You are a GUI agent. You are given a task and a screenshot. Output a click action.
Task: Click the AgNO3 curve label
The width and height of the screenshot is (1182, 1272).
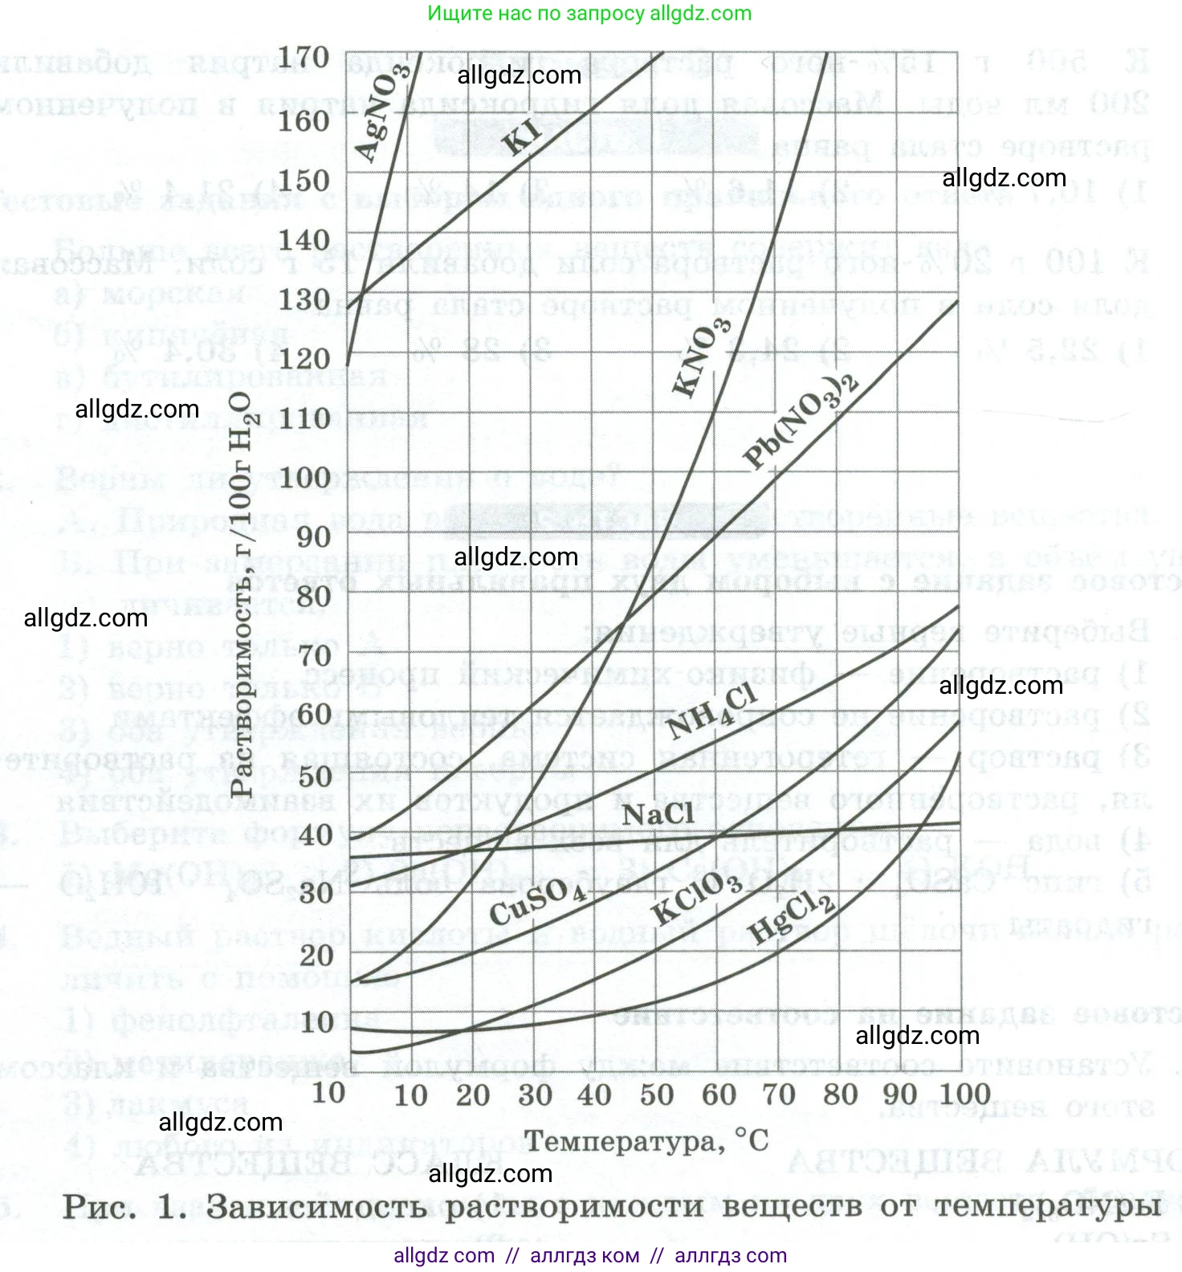(x=381, y=112)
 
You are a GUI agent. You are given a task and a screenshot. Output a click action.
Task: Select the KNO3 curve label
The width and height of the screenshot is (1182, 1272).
(x=702, y=357)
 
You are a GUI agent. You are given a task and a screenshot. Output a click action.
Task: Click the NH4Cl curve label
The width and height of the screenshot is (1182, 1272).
(x=711, y=711)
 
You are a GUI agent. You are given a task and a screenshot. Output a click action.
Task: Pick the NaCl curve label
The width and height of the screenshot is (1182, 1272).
(x=658, y=814)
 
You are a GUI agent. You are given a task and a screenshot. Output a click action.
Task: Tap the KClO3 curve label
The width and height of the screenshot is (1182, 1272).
(x=697, y=898)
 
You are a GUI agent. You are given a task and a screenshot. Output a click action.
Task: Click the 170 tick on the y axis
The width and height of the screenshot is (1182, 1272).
(x=304, y=58)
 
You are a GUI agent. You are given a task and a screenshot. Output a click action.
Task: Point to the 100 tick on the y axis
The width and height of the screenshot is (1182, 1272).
(x=304, y=478)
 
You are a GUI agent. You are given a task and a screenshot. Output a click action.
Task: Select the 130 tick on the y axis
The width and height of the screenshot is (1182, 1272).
(x=304, y=299)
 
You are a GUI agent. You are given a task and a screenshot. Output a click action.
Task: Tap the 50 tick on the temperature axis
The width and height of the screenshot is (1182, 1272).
(x=656, y=1094)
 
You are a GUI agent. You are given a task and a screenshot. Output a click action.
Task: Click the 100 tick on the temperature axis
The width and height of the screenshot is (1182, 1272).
(x=964, y=1094)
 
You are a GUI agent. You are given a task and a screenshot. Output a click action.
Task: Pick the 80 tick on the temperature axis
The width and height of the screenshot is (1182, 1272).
(x=840, y=1094)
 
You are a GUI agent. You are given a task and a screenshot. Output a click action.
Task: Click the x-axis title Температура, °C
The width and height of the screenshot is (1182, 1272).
(x=646, y=1140)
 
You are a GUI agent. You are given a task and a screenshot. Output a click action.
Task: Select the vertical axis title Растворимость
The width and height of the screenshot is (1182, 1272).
(x=241, y=594)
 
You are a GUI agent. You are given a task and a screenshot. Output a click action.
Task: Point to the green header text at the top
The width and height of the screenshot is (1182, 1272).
(x=589, y=14)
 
